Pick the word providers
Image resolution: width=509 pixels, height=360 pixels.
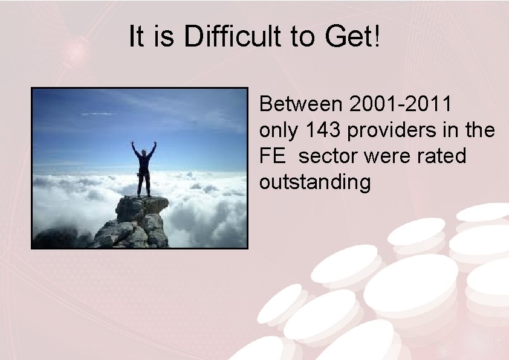click(x=391, y=130)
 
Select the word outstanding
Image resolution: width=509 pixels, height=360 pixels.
click(x=315, y=182)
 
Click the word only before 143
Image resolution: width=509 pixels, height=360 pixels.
click(x=280, y=130)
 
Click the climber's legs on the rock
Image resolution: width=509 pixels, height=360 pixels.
click(x=143, y=184)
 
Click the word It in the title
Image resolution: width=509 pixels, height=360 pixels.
click(x=136, y=38)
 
